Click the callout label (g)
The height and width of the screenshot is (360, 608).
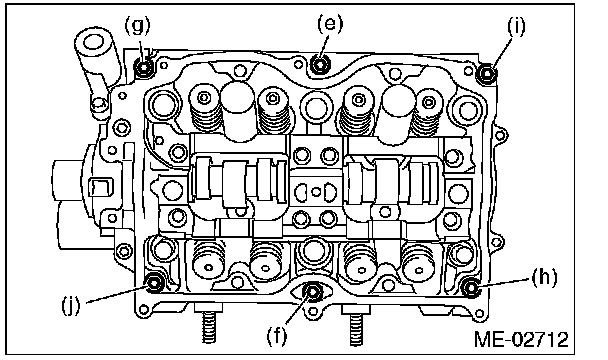coord(138,26)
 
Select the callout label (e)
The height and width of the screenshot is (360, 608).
coord(330,24)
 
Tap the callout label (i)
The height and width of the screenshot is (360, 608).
coord(516,27)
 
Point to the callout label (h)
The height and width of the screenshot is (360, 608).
coord(544,278)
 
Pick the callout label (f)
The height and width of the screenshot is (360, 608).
coord(277,335)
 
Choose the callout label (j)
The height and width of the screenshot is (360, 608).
coord(71,306)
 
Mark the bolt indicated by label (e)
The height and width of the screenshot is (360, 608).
coord(320,64)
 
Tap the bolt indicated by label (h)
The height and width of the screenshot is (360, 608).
coord(471,288)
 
